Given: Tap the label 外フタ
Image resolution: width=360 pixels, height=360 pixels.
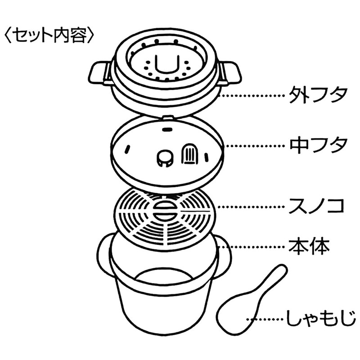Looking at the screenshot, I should (318, 95).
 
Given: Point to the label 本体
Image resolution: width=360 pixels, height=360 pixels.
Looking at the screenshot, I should (309, 247).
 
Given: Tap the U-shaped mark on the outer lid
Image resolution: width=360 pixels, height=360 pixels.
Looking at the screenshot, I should (166, 63).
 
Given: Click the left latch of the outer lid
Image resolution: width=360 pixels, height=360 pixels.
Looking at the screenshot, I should (100, 72).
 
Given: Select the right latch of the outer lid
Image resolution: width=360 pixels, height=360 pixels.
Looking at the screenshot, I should (229, 72).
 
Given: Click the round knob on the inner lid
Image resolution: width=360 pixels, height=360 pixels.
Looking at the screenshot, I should (165, 158).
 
